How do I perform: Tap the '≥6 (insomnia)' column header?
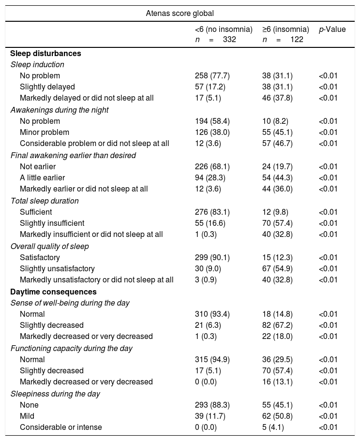click(x=285, y=29)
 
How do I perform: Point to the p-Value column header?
click(x=332, y=29)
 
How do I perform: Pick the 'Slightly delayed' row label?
click(x=47, y=87)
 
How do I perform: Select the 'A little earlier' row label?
click(x=42, y=178)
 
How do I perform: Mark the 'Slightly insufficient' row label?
click(x=52, y=223)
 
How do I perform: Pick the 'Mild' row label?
click(x=28, y=416)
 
